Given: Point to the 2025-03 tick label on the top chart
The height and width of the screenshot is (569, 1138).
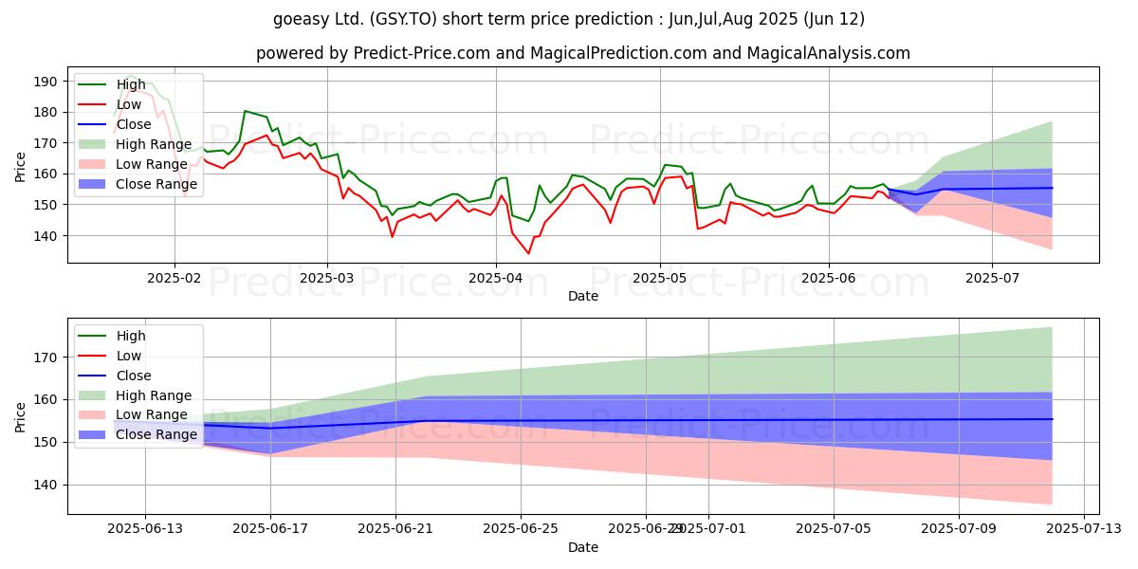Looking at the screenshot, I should pos(327,280).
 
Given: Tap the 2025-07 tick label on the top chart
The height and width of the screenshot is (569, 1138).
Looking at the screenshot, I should pos(992,280).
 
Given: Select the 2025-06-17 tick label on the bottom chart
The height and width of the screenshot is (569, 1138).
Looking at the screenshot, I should pos(270,529).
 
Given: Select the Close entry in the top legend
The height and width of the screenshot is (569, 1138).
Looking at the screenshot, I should pos(136,123).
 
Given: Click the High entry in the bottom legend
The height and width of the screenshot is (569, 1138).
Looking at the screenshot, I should pos(131,336).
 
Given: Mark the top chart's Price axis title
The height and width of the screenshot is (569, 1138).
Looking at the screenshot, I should pos(21,168).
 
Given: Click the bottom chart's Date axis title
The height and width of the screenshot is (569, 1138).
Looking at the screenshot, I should pos(582,548).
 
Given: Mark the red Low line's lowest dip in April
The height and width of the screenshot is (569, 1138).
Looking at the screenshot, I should pos(528,253).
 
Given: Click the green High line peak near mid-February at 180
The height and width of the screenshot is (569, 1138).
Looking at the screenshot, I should pos(246,111).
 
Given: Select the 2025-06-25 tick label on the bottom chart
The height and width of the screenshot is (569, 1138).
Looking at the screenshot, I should pos(521,529).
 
